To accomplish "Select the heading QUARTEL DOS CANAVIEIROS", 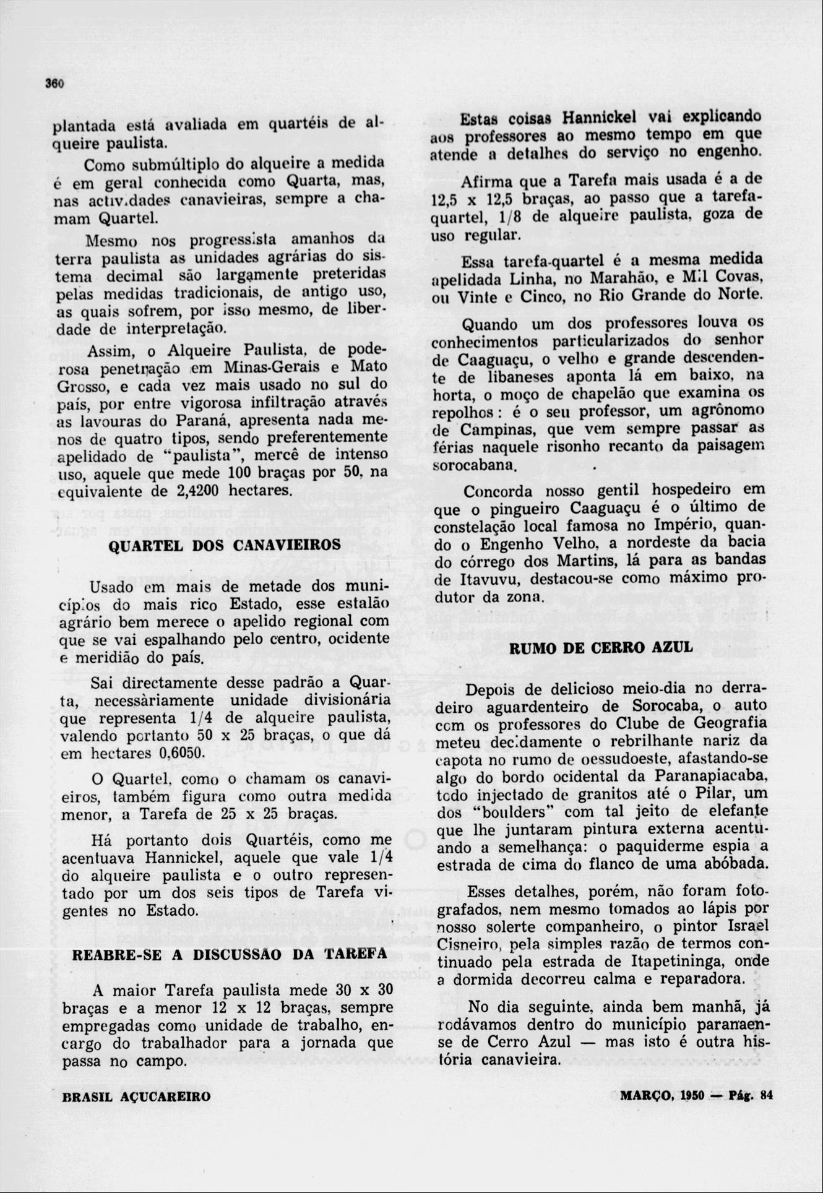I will [x=225, y=545].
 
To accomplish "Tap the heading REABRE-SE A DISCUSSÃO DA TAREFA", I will [x=230, y=954].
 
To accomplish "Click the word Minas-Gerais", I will [x=270, y=367].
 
